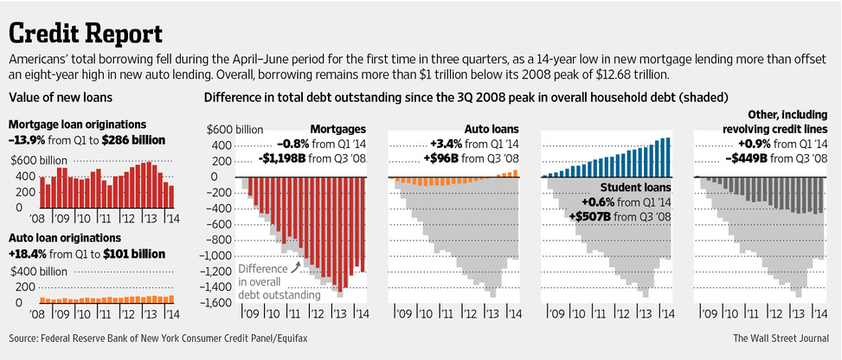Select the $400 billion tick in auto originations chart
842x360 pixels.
40,271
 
